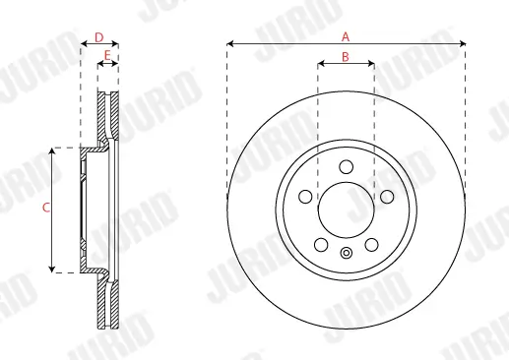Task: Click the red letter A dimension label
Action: (x=346, y=35)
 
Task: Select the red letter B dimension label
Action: (x=346, y=57)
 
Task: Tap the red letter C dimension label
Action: (x=45, y=209)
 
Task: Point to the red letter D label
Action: (x=98, y=36)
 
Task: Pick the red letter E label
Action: (x=107, y=56)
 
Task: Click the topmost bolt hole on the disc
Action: (x=346, y=167)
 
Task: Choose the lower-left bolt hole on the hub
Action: (x=321, y=244)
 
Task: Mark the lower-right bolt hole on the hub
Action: (x=370, y=244)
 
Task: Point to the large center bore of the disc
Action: (x=346, y=210)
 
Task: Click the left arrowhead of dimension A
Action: (x=230, y=44)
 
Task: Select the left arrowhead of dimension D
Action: (x=83, y=44)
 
